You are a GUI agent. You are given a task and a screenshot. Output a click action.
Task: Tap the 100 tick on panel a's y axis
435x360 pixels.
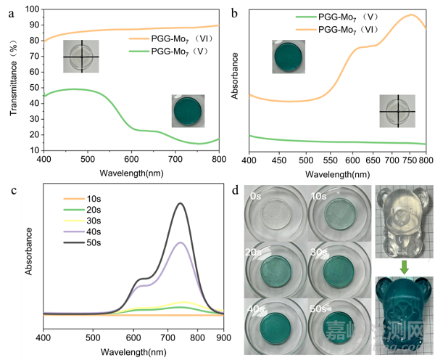point(33,9)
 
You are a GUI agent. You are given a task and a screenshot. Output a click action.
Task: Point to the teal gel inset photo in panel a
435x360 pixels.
point(188,111)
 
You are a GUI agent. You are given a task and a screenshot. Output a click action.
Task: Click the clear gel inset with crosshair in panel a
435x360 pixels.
point(80,57)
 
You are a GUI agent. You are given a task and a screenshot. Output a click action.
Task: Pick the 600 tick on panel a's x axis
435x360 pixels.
point(131,159)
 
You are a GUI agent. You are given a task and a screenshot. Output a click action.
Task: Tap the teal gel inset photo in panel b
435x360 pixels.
point(289,56)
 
